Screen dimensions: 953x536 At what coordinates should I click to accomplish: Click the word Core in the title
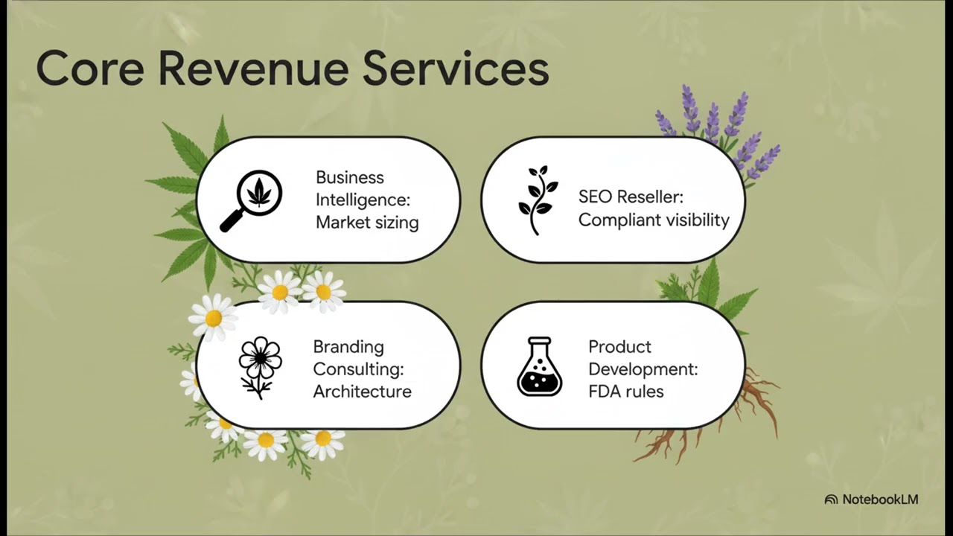pos(90,68)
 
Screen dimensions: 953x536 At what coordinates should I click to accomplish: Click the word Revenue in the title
pos(254,68)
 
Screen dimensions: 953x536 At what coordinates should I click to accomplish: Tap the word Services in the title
pos(456,68)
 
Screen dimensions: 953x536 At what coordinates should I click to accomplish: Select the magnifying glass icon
pos(251,201)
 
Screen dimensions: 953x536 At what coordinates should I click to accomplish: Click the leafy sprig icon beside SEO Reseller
pos(538,200)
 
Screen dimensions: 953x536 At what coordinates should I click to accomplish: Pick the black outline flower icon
pos(260,368)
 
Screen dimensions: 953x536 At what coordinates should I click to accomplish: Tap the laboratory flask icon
pos(540,366)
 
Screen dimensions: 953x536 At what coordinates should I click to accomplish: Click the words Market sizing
pos(367,223)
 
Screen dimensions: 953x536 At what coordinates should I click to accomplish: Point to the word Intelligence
pos(363,200)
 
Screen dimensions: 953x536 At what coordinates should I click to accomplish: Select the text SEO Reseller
pos(631,197)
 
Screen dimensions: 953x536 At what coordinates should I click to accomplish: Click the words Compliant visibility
pos(654,220)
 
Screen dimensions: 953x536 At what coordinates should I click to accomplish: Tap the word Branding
pos(348,347)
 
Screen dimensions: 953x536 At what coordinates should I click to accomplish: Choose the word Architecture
pos(363,392)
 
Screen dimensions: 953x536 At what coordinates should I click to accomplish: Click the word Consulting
pos(358,369)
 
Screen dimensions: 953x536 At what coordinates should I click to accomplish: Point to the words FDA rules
pos(626,392)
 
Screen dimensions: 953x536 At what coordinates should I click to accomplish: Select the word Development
pos(643,369)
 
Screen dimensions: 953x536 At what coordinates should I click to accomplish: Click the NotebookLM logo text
pos(880,500)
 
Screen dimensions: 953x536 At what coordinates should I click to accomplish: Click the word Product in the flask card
pos(620,347)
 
